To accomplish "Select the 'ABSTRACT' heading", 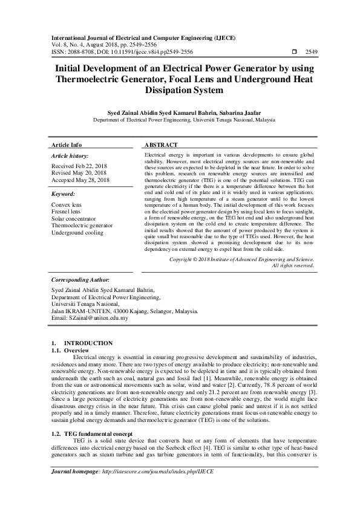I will coord(160,146).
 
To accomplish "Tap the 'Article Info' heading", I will coord(67,146).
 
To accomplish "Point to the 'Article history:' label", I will coord(72,156).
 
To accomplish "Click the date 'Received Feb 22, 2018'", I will coord(80,166).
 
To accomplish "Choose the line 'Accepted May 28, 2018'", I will coord(80,180).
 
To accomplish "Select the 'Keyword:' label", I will coord(64,195).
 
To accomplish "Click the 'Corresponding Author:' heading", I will coord(80,280).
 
